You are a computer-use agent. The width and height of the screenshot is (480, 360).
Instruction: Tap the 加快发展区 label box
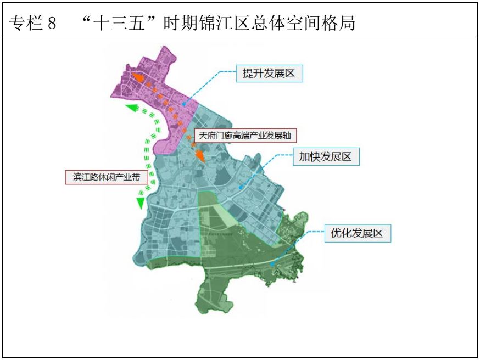325,157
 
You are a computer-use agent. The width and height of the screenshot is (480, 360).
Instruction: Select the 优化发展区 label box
356,233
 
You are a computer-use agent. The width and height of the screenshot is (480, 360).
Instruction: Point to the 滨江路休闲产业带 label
106,177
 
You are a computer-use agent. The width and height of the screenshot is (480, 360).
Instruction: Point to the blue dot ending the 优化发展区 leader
272,264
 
